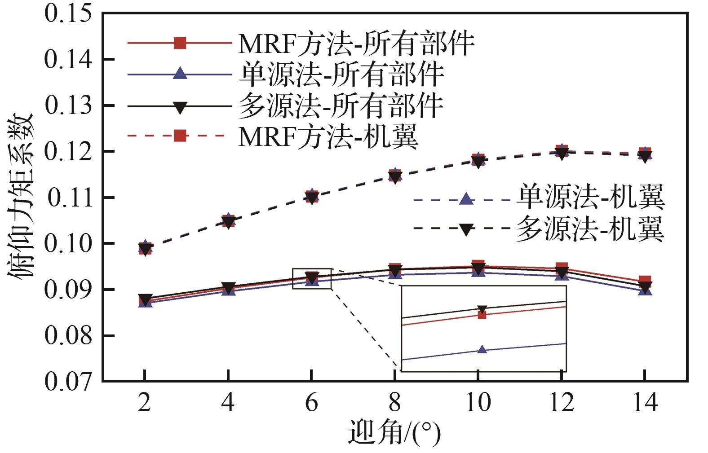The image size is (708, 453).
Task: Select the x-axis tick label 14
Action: [645, 402]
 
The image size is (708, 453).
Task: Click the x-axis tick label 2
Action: [144, 402]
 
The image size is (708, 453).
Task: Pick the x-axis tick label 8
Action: [394, 402]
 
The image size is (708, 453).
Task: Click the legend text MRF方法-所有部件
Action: [356, 44]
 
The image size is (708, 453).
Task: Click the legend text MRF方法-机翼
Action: [328, 136]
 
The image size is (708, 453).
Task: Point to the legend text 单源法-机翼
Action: [590, 198]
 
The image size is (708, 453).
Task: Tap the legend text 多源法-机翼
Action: [590, 229]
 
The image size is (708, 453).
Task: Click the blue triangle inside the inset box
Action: [482, 349]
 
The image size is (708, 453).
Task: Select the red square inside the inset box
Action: [482, 314]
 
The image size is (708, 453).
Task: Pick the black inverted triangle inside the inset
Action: [482, 309]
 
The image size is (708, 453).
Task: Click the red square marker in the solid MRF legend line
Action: [180, 43]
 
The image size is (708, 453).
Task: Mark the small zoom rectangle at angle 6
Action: [312, 279]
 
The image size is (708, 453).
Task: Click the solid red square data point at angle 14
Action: [645, 281]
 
